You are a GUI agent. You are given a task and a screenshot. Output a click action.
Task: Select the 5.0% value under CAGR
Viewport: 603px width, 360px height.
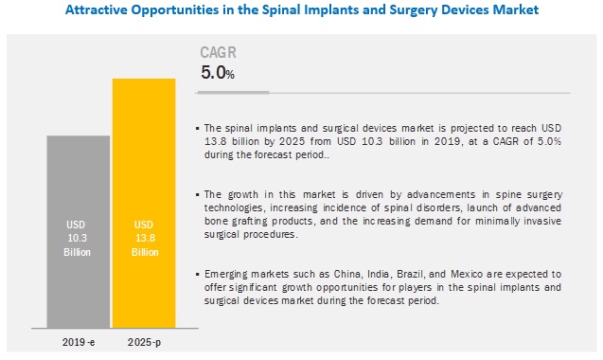[216, 72]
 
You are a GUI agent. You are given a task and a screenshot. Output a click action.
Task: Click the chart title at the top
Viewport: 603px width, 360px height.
[301, 10]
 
